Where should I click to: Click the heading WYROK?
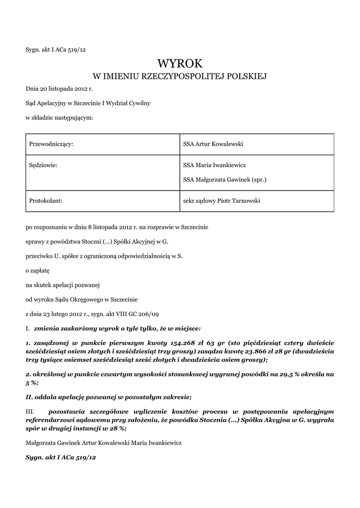point(180,63)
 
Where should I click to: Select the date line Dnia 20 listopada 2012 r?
point(59,89)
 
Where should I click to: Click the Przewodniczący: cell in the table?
point(52,144)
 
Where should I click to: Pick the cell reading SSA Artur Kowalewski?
point(214,144)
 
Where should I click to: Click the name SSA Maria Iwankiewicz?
point(215,165)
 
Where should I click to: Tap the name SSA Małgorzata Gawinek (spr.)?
point(225,180)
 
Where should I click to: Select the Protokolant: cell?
point(46,201)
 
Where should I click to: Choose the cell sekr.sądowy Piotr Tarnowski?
point(221,201)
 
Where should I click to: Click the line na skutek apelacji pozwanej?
point(63,285)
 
